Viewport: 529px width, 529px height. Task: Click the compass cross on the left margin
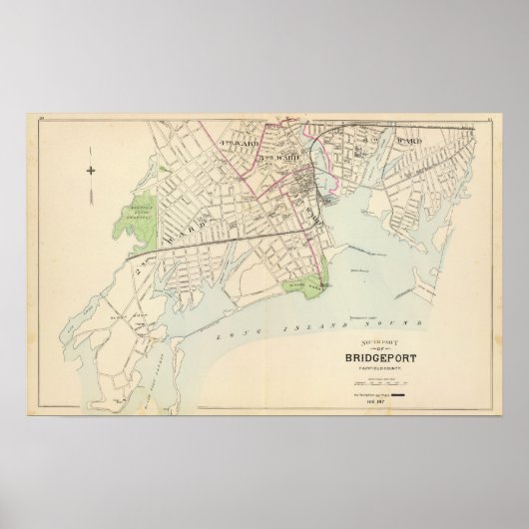(89, 172)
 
